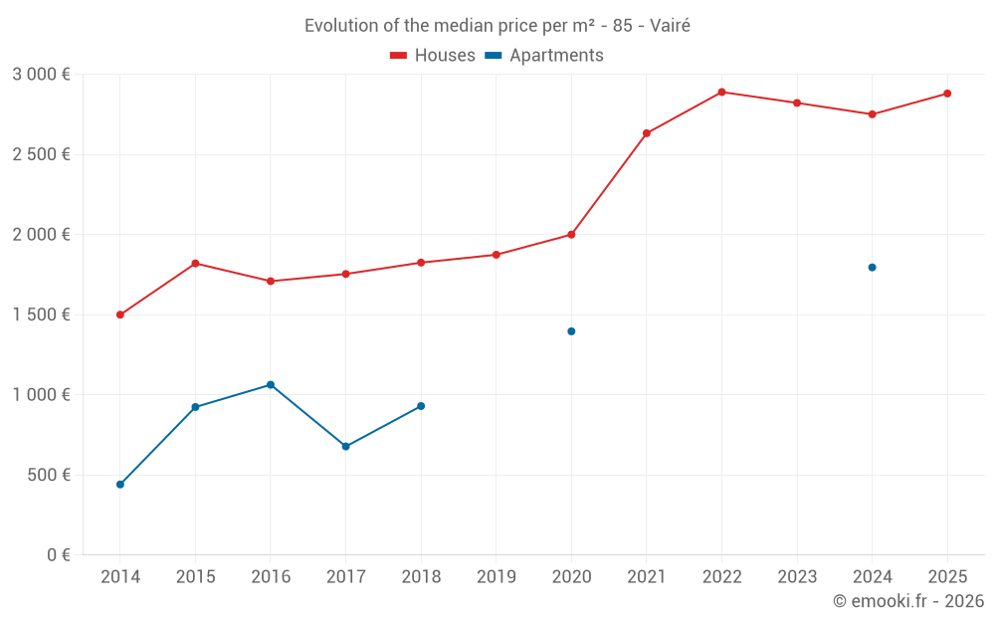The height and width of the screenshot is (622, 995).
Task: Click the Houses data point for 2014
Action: tap(120, 314)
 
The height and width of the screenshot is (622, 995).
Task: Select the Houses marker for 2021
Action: tap(647, 133)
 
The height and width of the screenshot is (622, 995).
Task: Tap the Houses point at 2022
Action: tap(721, 92)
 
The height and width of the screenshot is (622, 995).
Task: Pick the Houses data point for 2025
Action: tap(947, 94)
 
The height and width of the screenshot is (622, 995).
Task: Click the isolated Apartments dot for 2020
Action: tap(571, 331)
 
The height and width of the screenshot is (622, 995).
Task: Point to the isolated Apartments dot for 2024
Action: tap(872, 267)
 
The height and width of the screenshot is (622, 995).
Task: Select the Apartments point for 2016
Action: tap(271, 385)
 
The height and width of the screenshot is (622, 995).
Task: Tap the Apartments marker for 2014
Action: tap(120, 485)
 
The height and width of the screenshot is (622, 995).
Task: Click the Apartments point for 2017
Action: tap(345, 446)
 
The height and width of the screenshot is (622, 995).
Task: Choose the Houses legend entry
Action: tap(433, 56)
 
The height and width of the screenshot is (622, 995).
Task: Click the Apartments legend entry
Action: tap(545, 56)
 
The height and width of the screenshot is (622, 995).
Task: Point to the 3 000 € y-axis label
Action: tap(42, 75)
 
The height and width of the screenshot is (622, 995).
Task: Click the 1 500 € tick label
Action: tap(42, 314)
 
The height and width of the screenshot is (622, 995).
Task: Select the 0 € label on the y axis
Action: tap(58, 555)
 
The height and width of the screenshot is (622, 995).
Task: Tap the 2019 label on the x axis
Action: tap(496, 577)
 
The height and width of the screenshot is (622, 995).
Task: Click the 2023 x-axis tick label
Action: tap(796, 577)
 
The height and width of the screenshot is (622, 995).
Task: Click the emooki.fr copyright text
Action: tap(908, 601)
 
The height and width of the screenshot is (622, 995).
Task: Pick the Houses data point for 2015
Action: tap(195, 263)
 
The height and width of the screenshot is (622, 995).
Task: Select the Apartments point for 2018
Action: tap(421, 406)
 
